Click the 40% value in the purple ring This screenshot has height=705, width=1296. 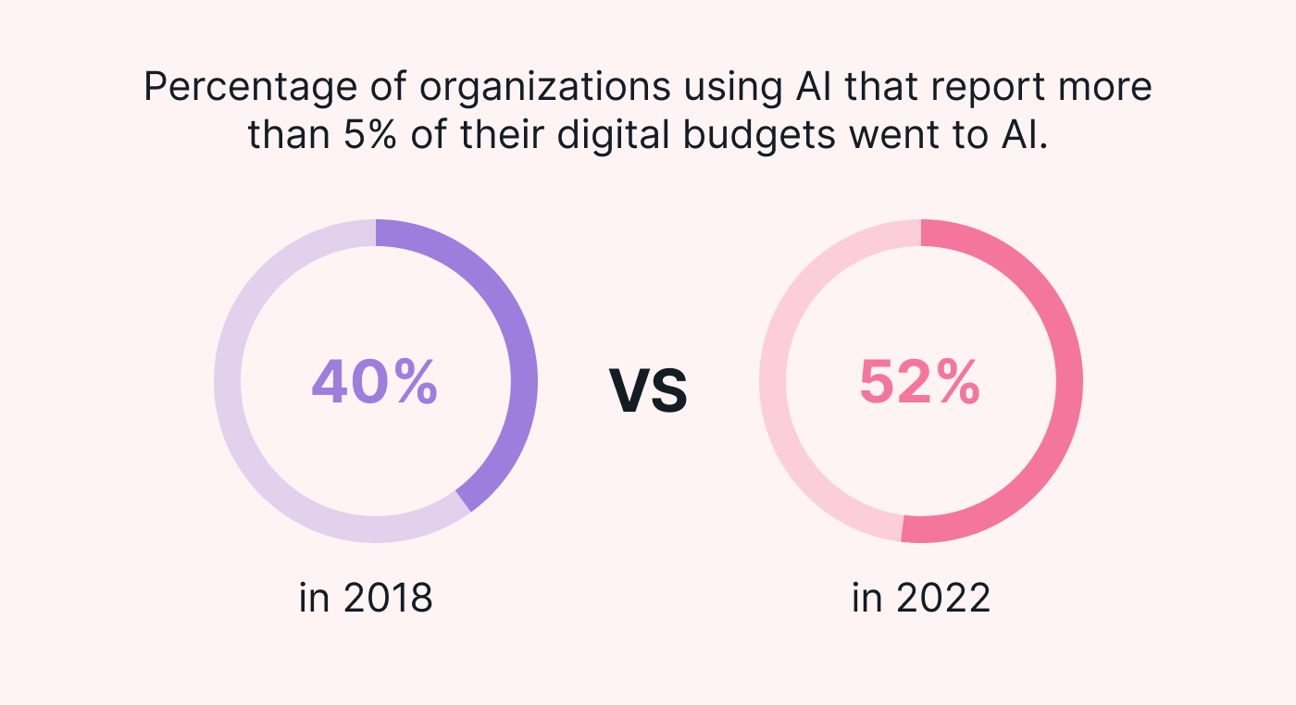[374, 381]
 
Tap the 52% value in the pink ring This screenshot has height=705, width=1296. [919, 381]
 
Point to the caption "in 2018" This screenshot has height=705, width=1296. [366, 599]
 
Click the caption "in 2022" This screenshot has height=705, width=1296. [921, 599]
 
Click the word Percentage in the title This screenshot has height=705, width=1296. [239, 88]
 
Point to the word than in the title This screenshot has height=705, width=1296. [278, 136]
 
